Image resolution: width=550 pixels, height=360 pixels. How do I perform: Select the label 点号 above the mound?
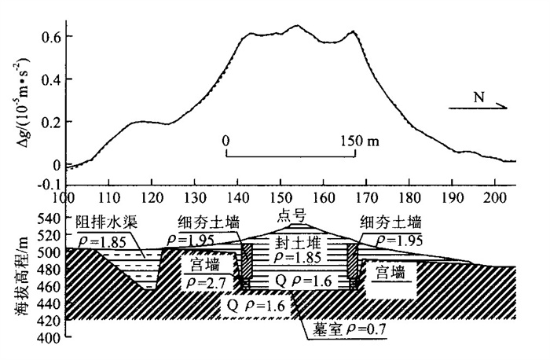[290, 216]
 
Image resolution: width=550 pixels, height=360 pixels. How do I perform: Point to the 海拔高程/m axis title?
[18, 270]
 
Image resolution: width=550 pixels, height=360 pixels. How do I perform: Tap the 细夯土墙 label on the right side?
[390, 221]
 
